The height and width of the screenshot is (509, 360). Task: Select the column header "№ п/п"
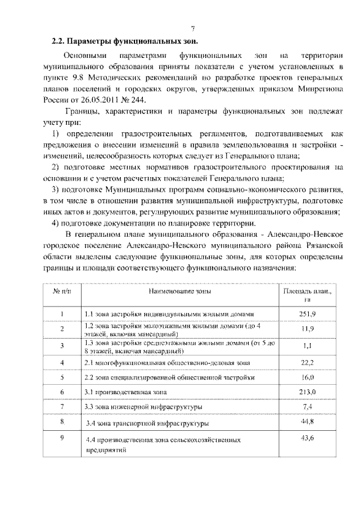point(62,292)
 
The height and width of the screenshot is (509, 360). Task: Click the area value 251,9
point(307,313)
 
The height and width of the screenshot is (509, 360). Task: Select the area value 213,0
point(307,391)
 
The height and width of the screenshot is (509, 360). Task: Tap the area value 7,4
point(307,406)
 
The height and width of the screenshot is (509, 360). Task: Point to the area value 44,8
point(307,421)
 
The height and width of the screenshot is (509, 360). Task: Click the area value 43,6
point(307,438)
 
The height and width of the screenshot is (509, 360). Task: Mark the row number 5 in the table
point(62,376)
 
